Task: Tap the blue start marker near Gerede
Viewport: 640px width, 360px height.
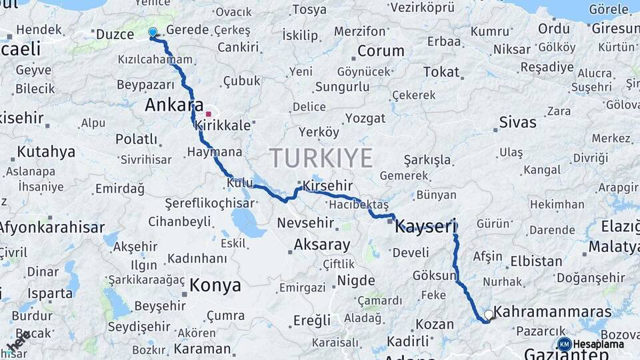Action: [x=153, y=32]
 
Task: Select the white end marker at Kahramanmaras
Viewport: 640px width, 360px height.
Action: [x=489, y=314]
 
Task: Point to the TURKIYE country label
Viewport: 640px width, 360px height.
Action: [x=321, y=158]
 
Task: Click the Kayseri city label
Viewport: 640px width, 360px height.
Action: [x=425, y=227]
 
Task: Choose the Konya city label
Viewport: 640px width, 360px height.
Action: [x=215, y=285]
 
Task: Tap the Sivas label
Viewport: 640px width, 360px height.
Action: [x=518, y=122]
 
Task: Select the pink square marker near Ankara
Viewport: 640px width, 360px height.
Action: [x=208, y=114]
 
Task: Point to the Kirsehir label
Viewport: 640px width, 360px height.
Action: [x=327, y=185]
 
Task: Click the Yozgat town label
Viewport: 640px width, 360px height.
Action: [x=365, y=118]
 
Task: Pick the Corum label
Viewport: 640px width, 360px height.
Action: [x=381, y=51]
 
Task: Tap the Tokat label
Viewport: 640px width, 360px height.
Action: [x=441, y=72]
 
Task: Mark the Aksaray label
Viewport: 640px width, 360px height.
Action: [x=322, y=245]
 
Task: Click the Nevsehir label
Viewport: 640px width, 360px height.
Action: [x=305, y=223]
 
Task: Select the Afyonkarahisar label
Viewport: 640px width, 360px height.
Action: [x=52, y=227]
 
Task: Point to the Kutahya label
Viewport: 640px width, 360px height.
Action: [x=45, y=151]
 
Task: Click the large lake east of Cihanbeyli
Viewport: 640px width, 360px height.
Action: [x=248, y=222]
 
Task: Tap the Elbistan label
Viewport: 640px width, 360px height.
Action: [x=536, y=261]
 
